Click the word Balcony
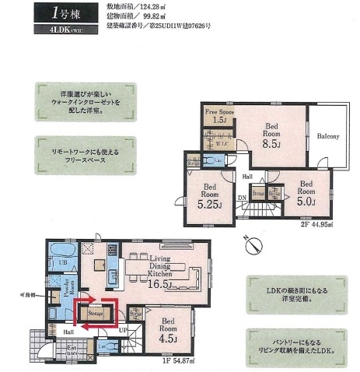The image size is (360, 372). tap(327, 138)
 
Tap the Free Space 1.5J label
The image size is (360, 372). tap(219, 116)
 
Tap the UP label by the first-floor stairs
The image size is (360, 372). tap(122, 330)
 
